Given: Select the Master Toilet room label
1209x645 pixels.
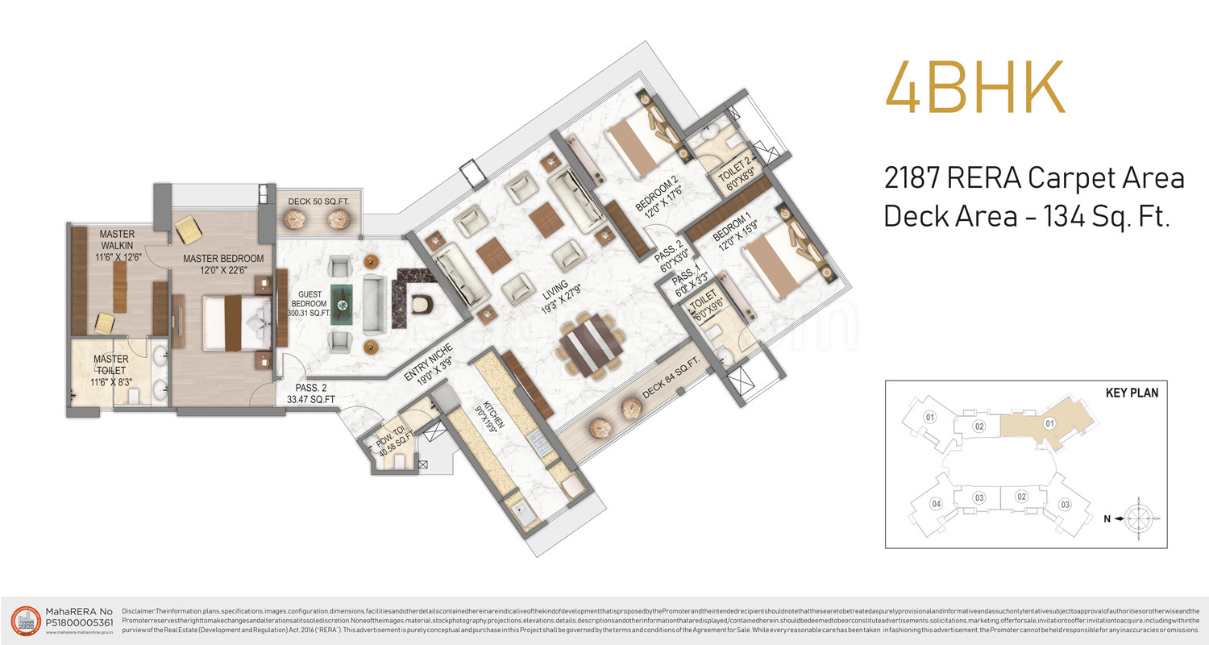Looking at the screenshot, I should pos(110,370).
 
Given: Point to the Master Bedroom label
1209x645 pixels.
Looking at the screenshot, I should pos(223,264).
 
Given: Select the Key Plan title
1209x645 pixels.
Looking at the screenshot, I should pos(1132,393).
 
